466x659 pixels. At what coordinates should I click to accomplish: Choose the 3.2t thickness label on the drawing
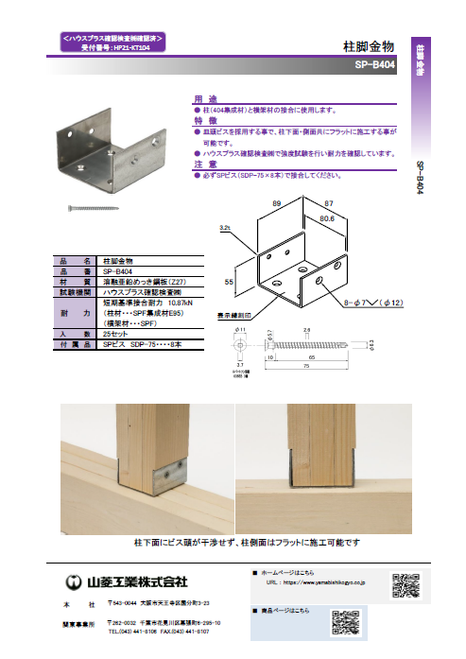click(x=225, y=228)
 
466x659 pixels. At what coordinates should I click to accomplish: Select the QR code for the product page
click(x=344, y=623)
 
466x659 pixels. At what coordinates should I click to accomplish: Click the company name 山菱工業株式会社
click(x=138, y=580)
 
